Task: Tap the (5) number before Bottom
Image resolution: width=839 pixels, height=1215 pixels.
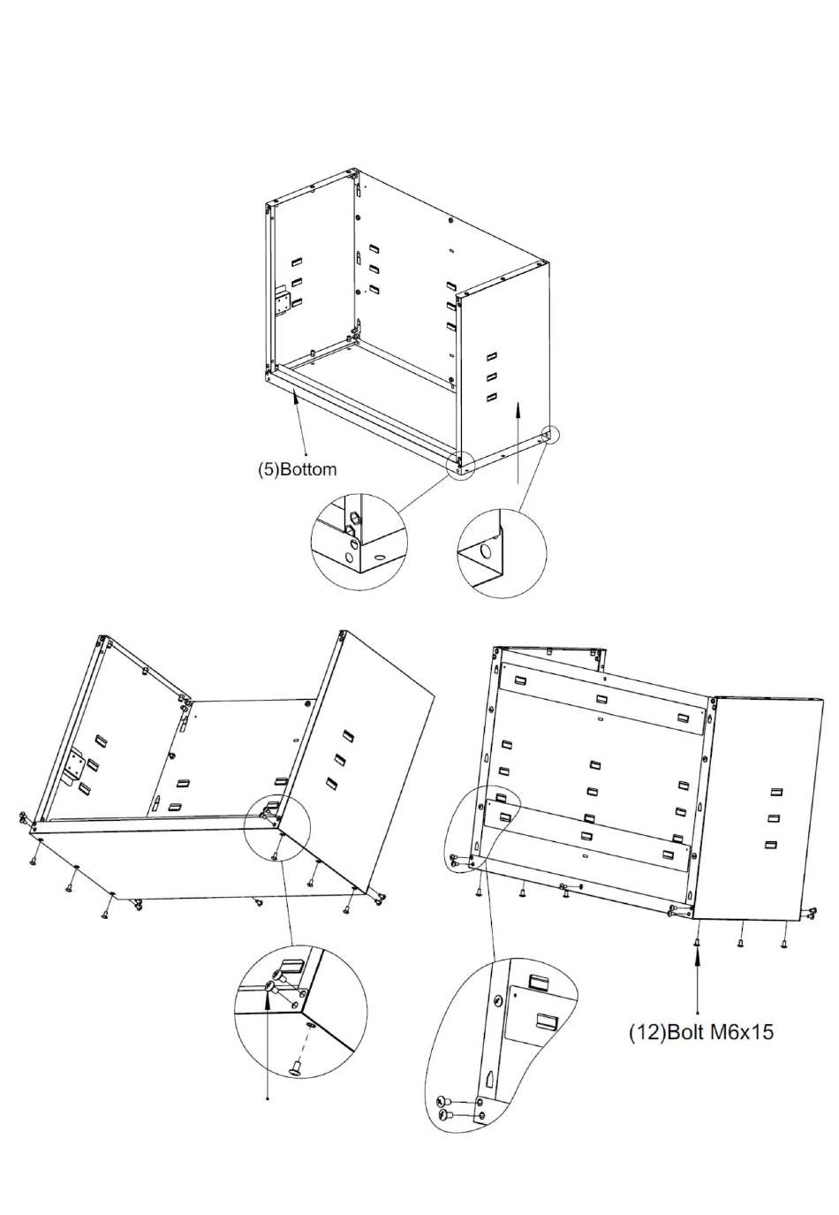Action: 268,469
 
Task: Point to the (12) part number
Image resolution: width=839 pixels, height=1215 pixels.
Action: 647,1032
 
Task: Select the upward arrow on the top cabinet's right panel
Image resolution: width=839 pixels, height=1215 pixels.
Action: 518,442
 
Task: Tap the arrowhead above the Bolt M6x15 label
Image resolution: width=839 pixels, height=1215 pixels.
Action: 697,957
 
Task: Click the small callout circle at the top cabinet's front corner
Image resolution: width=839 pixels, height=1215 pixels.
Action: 461,464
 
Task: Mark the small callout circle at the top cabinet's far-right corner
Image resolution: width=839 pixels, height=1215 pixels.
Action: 548,435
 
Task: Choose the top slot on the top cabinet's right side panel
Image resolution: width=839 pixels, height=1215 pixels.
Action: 492,356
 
